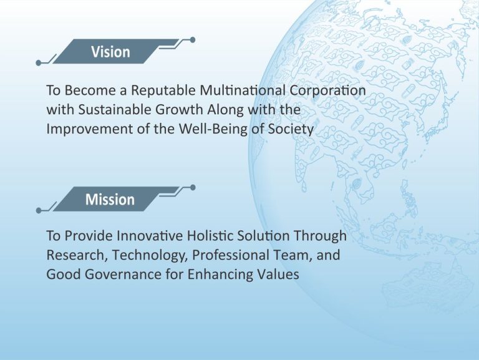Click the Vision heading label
(x=110, y=52)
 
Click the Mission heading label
(x=110, y=199)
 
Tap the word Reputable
(x=163, y=90)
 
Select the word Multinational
(x=243, y=90)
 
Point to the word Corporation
(x=327, y=90)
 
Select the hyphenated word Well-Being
(x=213, y=129)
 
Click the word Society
(x=291, y=129)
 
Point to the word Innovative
(x=150, y=236)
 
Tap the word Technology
(x=150, y=256)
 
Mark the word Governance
(x=123, y=274)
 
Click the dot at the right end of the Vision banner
(x=193, y=40)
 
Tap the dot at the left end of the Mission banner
(x=39, y=210)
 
